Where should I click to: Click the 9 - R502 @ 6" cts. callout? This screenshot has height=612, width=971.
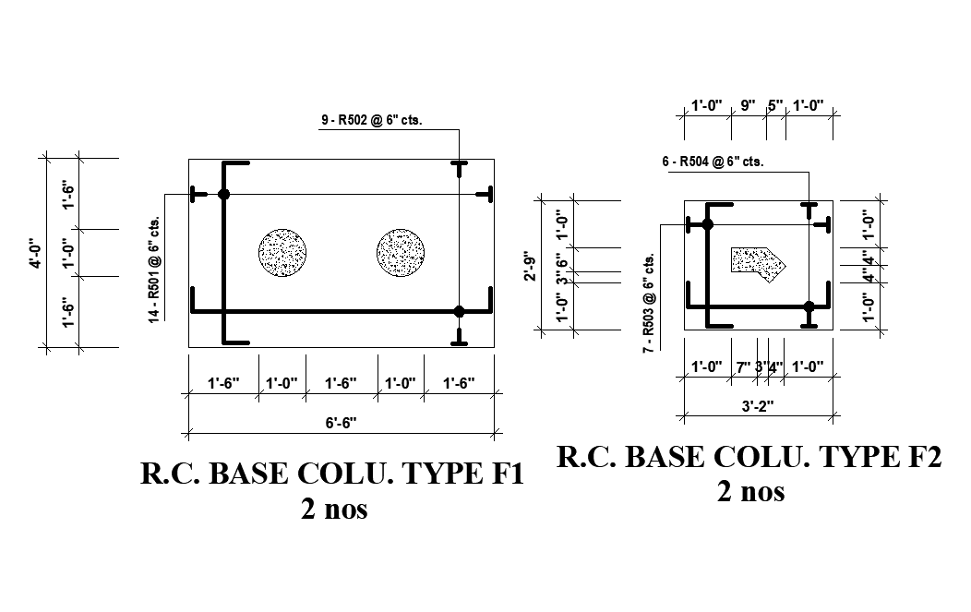tap(371, 120)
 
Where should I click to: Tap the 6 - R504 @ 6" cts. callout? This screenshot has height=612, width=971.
tap(712, 162)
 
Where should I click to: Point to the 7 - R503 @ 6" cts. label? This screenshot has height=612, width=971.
tap(649, 305)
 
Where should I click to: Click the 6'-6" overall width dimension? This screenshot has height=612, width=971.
tap(341, 423)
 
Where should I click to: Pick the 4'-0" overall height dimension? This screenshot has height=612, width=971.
tap(35, 254)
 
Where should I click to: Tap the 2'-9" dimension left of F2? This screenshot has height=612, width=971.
tap(530, 264)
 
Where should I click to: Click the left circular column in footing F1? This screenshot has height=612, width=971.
tap(282, 252)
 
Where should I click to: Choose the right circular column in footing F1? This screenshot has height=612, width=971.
tap(401, 252)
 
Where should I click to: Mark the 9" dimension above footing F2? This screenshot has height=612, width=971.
tap(747, 105)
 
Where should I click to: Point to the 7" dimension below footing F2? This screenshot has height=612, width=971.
tap(743, 367)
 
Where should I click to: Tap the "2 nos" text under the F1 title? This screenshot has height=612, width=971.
tap(333, 509)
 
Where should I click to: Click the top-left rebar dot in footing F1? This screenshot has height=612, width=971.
tap(223, 194)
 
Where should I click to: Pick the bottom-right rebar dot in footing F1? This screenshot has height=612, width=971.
tap(460, 311)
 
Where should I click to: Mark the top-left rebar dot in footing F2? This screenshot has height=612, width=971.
tap(707, 223)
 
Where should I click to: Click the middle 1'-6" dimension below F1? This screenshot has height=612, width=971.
tap(341, 383)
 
